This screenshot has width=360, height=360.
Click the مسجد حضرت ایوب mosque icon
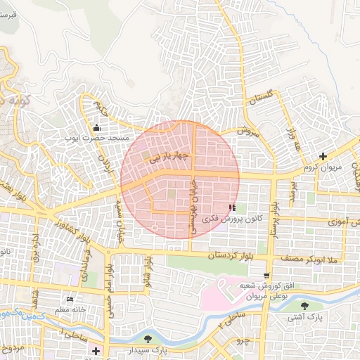(96, 127)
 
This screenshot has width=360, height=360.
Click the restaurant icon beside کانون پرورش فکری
(232, 208)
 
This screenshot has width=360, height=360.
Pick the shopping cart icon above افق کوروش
(266, 276)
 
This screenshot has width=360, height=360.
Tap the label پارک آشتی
(304, 318)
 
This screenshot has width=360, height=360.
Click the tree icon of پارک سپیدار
(148, 339)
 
